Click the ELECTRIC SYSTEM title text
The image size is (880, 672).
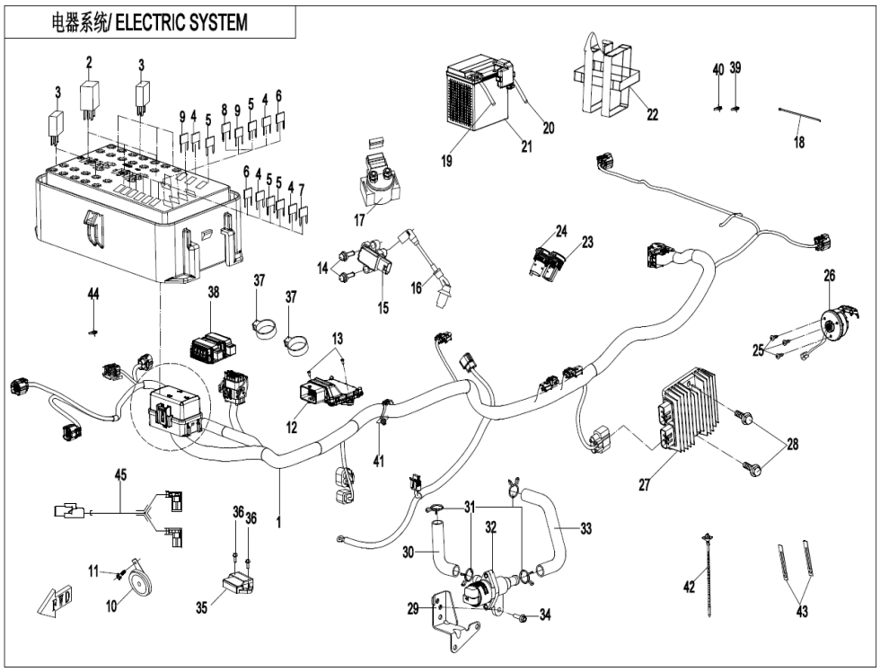tap(149, 22)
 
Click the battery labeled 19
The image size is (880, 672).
tap(472, 102)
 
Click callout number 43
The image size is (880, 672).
tap(801, 612)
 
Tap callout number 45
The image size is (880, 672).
tap(119, 473)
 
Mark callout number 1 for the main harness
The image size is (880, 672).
tap(278, 520)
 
